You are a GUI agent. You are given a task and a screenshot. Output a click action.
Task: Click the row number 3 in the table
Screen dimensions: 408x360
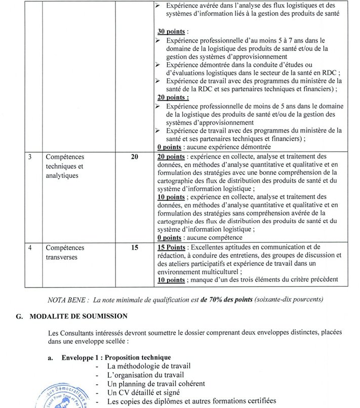(30, 157)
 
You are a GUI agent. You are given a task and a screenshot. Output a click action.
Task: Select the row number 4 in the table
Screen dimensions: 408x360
(30, 248)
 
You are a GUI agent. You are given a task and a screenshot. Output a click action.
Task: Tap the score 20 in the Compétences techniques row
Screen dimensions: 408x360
(134, 157)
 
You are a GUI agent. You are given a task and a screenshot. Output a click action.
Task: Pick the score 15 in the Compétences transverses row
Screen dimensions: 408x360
(134, 248)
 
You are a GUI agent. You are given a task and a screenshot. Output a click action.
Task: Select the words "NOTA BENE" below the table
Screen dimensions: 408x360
(68, 300)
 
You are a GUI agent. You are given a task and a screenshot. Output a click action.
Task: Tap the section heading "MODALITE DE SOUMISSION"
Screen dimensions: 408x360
(78, 316)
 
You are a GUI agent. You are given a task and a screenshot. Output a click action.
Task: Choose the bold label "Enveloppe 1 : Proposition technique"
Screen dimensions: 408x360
(116, 358)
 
